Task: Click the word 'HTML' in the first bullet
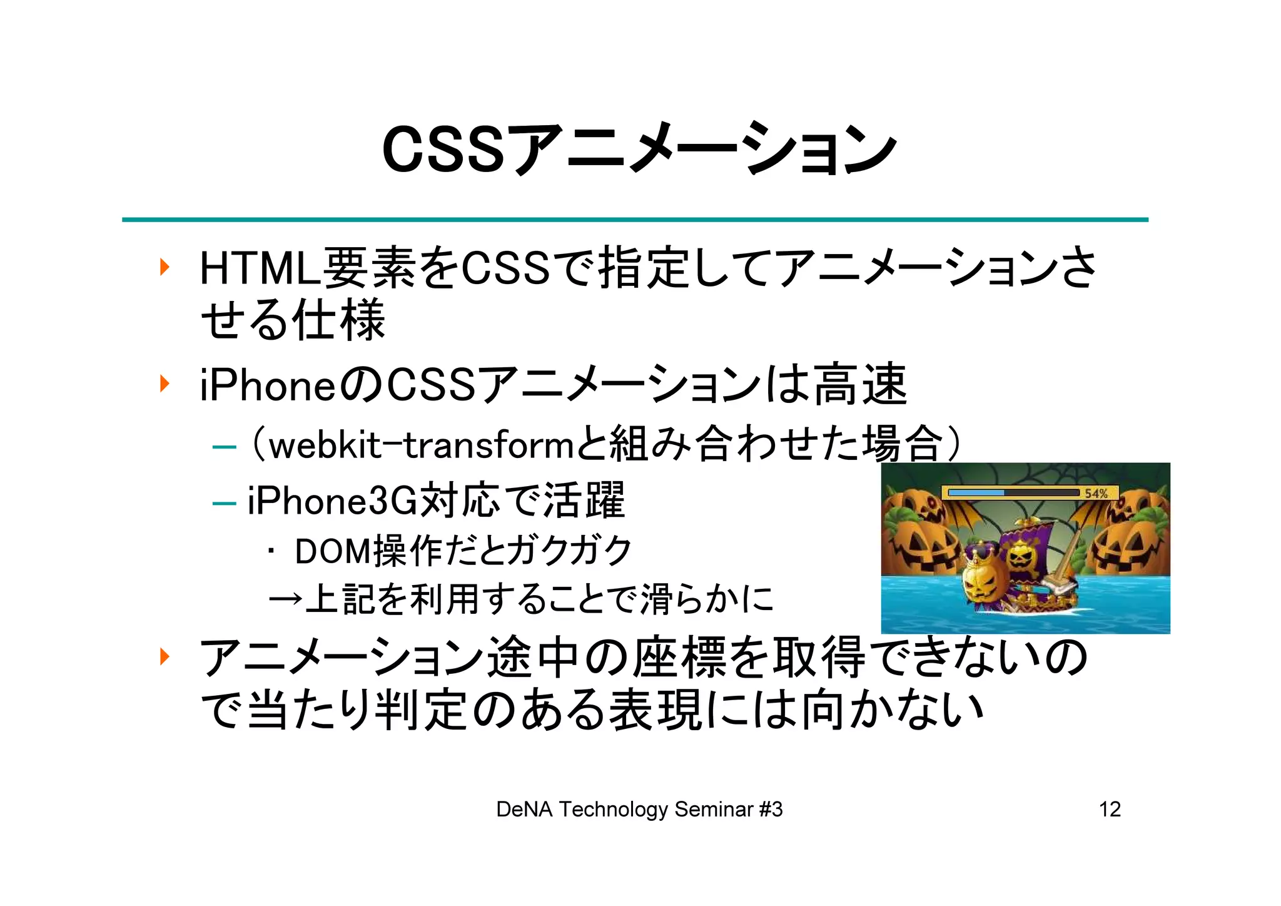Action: coord(259,268)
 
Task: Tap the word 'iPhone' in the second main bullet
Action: coord(267,385)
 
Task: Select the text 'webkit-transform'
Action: coord(421,446)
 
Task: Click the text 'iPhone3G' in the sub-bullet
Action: coord(332,501)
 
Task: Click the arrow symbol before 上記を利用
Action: coord(285,599)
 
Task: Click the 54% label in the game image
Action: coord(1095,493)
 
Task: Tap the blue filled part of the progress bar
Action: coord(976,493)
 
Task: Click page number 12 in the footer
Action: coord(1110,810)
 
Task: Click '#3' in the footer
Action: coord(771,810)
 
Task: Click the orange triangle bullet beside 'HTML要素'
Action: coord(165,268)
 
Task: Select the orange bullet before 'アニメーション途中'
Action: coord(165,657)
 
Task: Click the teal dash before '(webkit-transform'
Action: coord(224,447)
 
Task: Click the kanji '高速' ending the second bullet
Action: coord(861,385)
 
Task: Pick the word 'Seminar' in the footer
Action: coord(714,810)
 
